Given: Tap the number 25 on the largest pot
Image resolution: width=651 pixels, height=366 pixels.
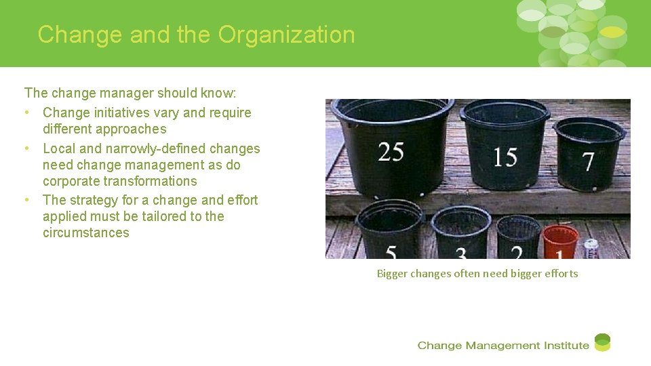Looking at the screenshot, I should click(x=391, y=152).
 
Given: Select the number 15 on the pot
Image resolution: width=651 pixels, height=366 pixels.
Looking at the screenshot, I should click(x=505, y=157).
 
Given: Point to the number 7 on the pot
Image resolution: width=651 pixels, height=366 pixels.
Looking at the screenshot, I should click(x=588, y=161).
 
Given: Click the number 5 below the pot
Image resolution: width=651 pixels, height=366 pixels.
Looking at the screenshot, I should click(x=391, y=253).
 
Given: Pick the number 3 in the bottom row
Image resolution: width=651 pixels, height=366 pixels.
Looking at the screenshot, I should click(x=461, y=254).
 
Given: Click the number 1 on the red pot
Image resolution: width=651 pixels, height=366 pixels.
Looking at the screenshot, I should click(x=559, y=255).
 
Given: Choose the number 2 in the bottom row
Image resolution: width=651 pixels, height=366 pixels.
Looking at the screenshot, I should click(x=517, y=253).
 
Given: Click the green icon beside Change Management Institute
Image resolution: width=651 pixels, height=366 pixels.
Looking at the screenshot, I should click(x=602, y=342).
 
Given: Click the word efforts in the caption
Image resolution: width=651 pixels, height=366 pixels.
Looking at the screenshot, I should click(x=561, y=274).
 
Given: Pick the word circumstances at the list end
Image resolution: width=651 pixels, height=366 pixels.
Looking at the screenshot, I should click(x=85, y=232).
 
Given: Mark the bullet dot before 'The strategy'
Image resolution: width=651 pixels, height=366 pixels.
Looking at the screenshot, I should click(x=26, y=200).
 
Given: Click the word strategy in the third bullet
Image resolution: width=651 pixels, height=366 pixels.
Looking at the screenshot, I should click(x=90, y=200).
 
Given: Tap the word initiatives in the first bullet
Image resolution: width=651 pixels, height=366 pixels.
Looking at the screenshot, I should click(x=117, y=113).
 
